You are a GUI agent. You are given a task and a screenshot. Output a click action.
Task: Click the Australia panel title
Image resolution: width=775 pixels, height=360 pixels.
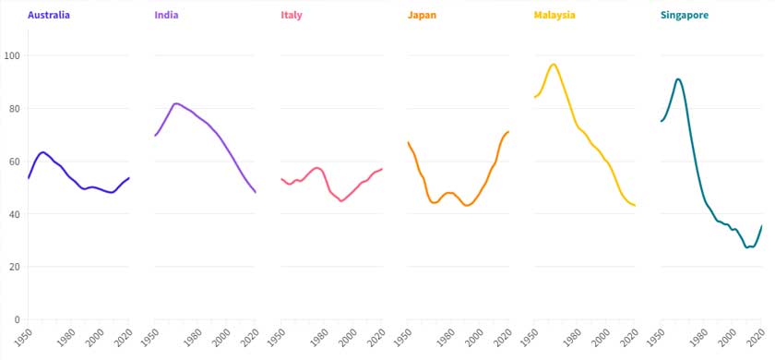[x=49, y=16]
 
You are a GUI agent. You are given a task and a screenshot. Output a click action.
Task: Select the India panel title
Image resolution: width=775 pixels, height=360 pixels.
[x=167, y=16]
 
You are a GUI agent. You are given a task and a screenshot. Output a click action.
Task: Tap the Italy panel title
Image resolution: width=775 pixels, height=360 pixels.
[x=291, y=16]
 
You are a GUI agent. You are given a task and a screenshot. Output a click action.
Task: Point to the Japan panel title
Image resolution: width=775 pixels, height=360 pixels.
[x=422, y=16]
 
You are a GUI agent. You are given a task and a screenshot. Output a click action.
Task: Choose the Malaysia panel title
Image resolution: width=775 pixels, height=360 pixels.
[x=554, y=16]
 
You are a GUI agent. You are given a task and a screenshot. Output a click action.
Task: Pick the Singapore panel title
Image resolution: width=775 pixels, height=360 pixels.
[x=685, y=16]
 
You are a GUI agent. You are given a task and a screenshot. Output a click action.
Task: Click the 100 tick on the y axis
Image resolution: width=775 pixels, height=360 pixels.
[x=14, y=55]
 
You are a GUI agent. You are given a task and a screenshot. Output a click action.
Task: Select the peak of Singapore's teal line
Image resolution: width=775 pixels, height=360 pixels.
[x=678, y=78]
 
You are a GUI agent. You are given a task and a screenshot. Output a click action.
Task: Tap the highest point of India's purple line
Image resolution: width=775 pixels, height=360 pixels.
[x=176, y=103]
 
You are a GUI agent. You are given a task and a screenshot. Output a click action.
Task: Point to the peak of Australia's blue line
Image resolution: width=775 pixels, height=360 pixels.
[x=43, y=151]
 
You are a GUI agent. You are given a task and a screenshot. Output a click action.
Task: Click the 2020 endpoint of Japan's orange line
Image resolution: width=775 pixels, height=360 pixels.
[x=508, y=131]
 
